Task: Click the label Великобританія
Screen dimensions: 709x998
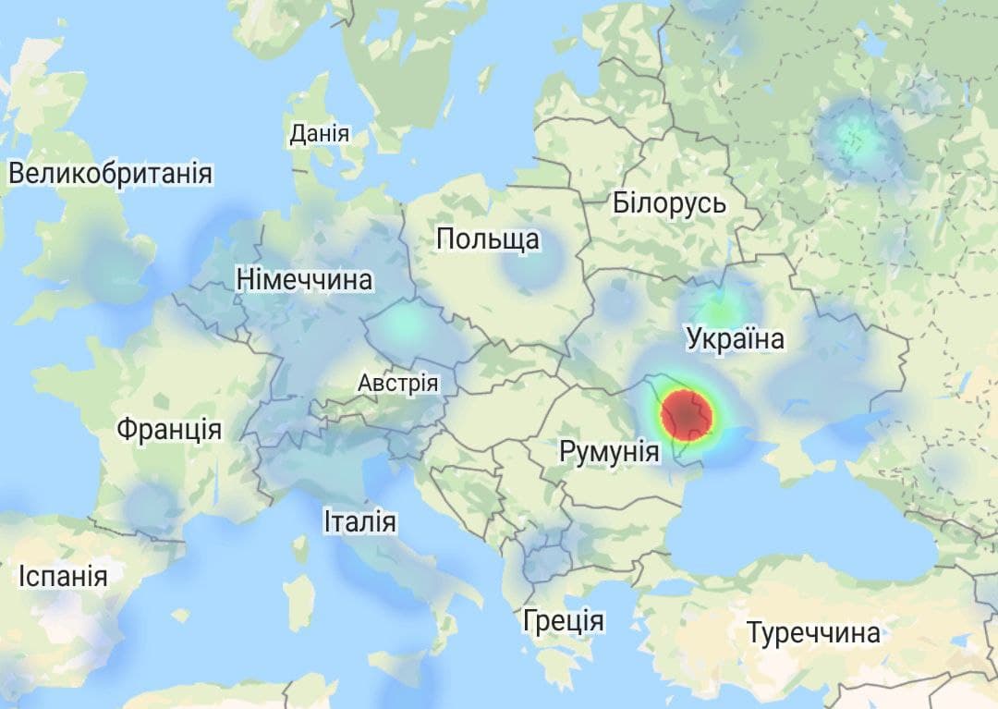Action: [x=110, y=174]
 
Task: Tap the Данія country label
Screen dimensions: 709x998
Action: [x=320, y=134]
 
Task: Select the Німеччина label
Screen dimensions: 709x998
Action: [x=304, y=280]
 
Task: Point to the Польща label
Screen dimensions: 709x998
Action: [x=488, y=240]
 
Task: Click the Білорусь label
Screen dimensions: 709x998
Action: [x=669, y=204]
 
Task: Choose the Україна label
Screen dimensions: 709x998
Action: [x=736, y=339]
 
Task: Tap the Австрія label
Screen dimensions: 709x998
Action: [x=398, y=383]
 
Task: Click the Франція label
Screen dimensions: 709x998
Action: [x=169, y=430]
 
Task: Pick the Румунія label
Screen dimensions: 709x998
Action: [x=609, y=453]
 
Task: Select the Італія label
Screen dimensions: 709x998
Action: [x=360, y=522]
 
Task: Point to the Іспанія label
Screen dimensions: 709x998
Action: [x=63, y=577]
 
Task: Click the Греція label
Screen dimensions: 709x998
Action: [x=563, y=620]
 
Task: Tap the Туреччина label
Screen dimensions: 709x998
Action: [x=813, y=634]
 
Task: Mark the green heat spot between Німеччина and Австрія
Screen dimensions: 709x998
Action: [x=403, y=324]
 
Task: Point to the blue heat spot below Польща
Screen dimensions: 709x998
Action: [x=532, y=267]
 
